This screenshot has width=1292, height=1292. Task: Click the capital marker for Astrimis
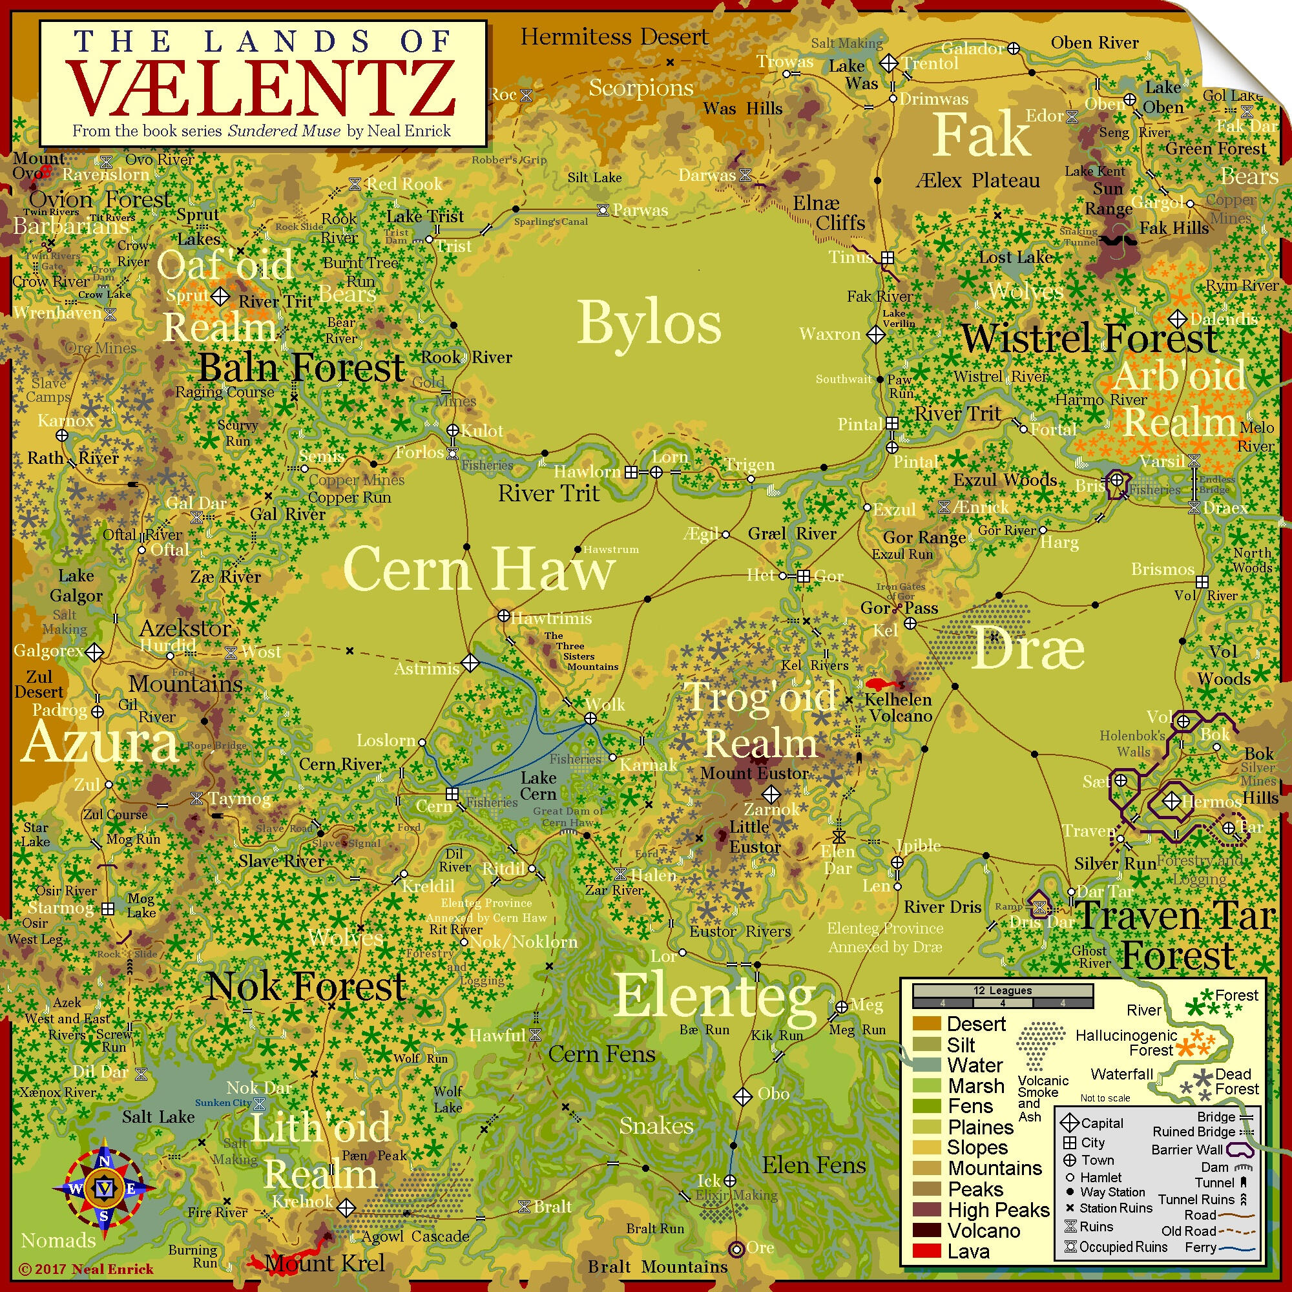(470, 663)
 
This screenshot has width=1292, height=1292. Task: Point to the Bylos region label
(649, 323)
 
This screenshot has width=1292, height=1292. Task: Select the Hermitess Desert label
(614, 37)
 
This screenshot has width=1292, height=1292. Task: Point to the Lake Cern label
(538, 786)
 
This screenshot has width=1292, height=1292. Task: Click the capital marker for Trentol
(889, 63)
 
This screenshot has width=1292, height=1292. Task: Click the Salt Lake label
(158, 1117)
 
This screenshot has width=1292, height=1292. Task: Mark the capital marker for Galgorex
(94, 651)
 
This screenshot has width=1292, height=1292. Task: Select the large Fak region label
(981, 136)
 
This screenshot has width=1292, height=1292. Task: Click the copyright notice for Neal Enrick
(87, 1269)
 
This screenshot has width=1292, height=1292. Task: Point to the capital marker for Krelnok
(346, 1207)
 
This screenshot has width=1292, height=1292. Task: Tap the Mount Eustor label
(755, 774)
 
